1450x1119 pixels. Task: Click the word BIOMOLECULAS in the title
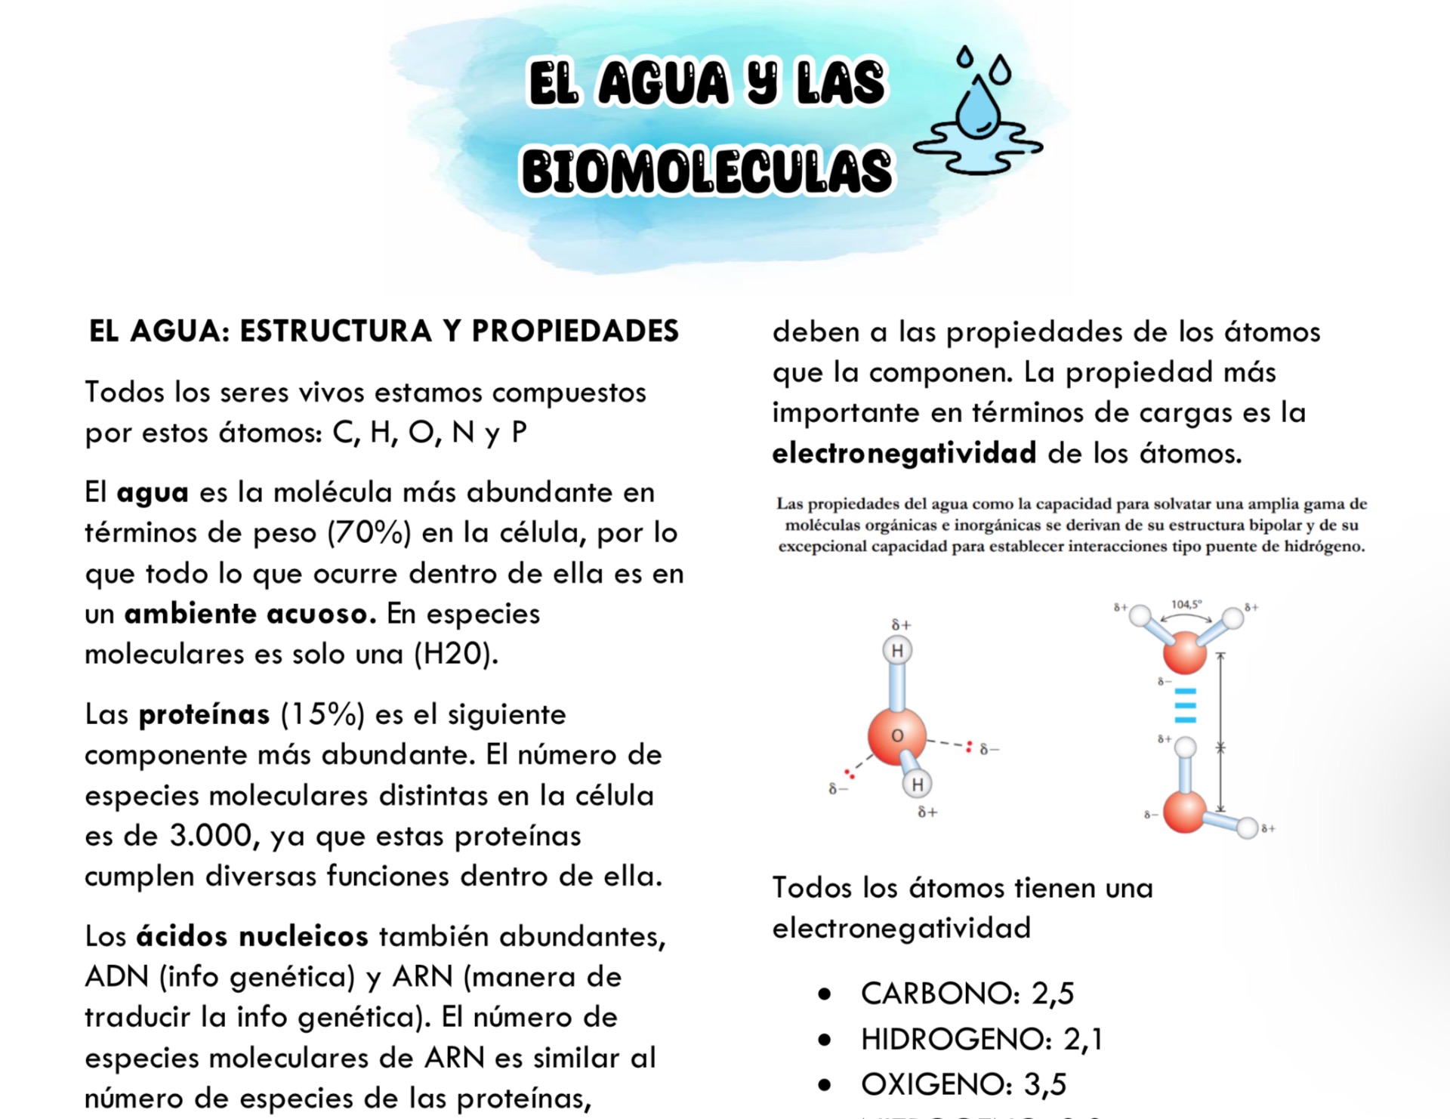coord(706,171)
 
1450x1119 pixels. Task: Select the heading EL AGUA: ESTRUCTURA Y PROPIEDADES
coord(384,331)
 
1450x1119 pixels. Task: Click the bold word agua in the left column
coord(152,492)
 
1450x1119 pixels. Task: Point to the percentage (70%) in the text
coord(369,533)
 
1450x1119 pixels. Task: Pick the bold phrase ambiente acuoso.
coord(250,614)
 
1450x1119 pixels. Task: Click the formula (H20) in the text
coord(455,654)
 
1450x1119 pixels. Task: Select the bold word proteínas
coord(204,714)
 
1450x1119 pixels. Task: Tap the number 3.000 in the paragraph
coord(210,836)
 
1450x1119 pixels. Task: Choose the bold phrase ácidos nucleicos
coord(252,936)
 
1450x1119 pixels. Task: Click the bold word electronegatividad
coord(904,453)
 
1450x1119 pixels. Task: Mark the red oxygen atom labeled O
coord(896,735)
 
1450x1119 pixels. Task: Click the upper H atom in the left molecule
coord(897,651)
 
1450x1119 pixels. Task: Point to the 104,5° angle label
coord(1186,605)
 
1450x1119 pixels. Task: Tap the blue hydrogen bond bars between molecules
coord(1185,706)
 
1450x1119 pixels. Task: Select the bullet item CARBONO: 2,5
coord(967,994)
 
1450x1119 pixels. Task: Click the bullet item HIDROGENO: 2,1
coord(981,1040)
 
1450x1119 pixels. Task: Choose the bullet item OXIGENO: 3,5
coord(963,1085)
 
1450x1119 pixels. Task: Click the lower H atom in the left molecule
coord(917,785)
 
